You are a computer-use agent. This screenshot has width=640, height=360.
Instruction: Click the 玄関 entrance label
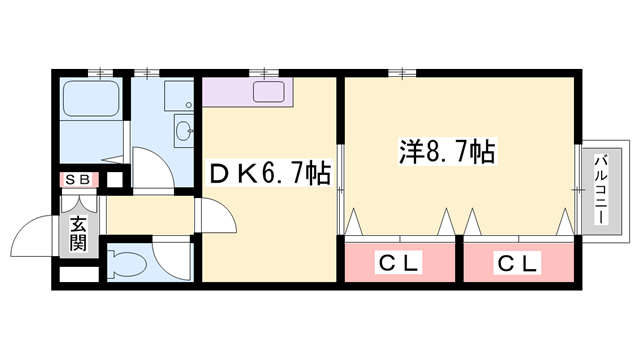(x=78, y=235)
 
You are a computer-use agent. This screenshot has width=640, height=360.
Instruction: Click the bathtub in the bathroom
(x=91, y=100)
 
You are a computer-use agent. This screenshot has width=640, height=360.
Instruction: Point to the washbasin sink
(x=183, y=128)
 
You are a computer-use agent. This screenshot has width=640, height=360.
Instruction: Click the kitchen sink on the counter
(x=271, y=93)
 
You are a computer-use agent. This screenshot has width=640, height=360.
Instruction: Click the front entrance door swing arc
(x=30, y=237)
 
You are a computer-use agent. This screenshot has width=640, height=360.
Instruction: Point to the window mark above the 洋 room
(x=401, y=71)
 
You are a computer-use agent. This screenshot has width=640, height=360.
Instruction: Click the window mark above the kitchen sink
(x=264, y=71)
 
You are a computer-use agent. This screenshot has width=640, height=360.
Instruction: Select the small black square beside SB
(x=113, y=181)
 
